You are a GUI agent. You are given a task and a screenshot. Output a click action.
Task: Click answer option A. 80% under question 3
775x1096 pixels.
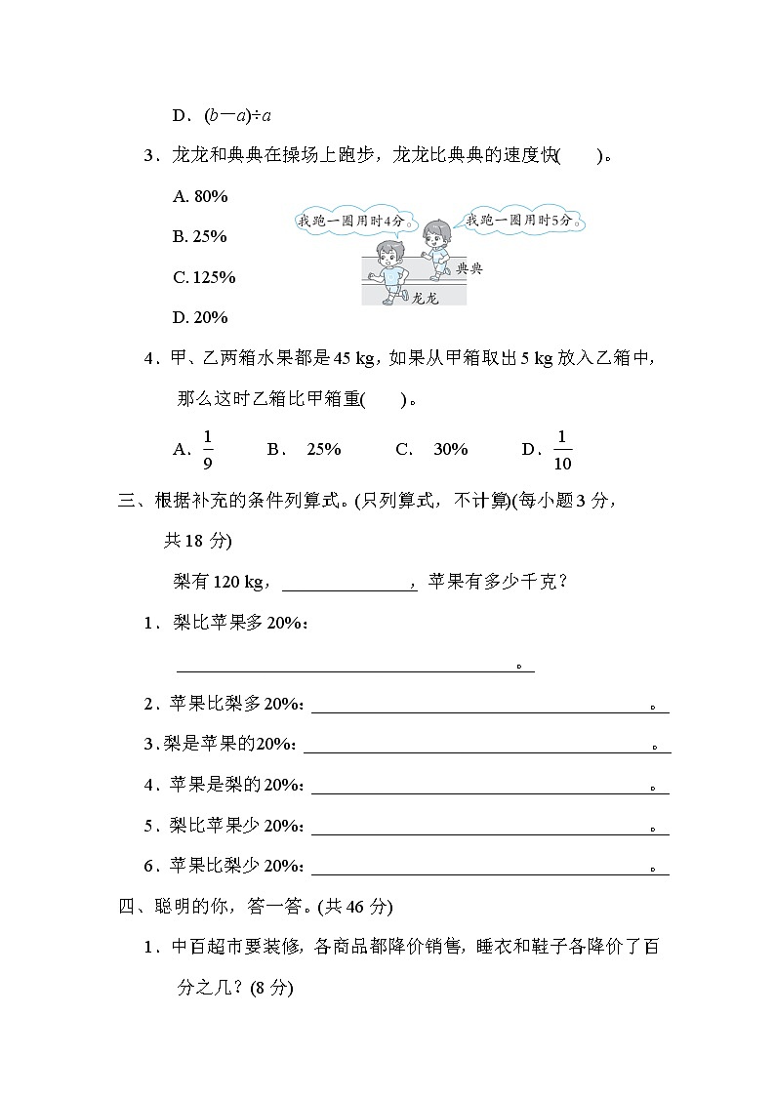coord(200,196)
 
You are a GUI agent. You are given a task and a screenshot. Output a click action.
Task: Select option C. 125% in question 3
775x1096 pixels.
coord(204,277)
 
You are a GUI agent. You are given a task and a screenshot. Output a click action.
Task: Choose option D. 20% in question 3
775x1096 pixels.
coord(200,317)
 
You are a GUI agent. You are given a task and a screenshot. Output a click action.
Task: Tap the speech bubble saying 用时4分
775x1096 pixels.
coord(351,222)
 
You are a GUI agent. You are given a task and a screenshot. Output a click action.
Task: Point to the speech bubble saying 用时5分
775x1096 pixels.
coord(524,221)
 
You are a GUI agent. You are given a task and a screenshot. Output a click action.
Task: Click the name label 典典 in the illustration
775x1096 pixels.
coord(469,267)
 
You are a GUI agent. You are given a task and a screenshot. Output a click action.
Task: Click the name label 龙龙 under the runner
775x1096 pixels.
coord(426,299)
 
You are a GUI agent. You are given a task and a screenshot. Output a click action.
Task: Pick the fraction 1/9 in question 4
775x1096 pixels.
coord(208,449)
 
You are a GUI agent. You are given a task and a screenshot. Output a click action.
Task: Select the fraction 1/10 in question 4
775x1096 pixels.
coord(562,449)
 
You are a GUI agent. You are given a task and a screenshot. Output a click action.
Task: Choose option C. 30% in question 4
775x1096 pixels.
coord(431,449)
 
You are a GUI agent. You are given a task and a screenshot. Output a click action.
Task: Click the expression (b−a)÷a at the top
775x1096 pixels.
coord(224,116)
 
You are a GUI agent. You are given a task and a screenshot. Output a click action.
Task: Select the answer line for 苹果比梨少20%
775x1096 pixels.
coord(488,869)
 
